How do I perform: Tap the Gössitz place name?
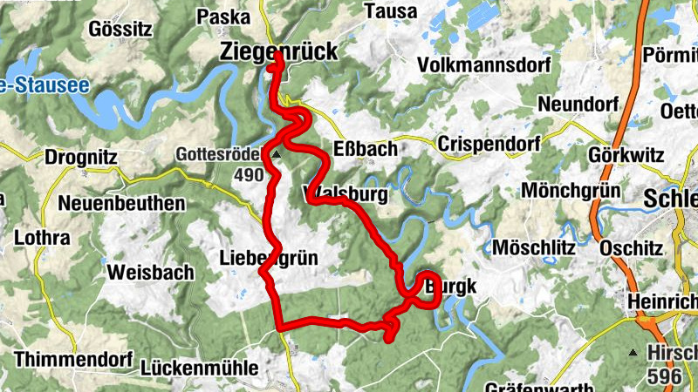(120, 29)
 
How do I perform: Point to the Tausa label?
(389, 11)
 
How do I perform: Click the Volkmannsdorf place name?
(483, 65)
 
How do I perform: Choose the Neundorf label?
(571, 104)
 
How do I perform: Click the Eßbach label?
(366, 149)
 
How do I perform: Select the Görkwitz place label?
(626, 153)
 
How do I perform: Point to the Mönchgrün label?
(571, 191)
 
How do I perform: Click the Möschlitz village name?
(534, 248)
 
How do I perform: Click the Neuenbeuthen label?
(122, 204)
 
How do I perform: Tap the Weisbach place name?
(150, 273)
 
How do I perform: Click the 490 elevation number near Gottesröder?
(249, 175)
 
